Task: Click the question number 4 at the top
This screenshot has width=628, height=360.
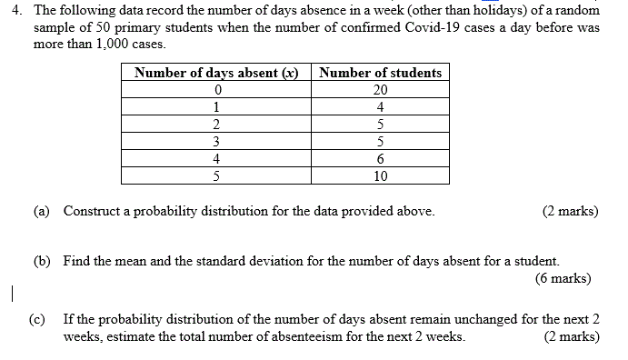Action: tap(12, 11)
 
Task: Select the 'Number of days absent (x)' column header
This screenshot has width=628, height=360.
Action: tap(216, 73)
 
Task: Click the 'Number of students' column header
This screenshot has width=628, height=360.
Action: tap(381, 73)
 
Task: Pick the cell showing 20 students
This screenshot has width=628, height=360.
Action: tap(381, 90)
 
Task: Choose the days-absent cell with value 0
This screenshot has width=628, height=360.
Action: tap(216, 90)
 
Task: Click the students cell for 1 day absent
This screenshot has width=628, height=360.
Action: tap(381, 107)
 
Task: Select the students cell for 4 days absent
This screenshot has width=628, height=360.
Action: tap(381, 158)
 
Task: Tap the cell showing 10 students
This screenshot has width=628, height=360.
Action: tap(381, 175)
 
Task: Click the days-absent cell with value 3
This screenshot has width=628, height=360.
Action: tap(216, 141)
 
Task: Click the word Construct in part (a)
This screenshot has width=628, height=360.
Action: tap(93, 211)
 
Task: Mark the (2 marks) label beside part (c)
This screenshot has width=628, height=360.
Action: tap(571, 336)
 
